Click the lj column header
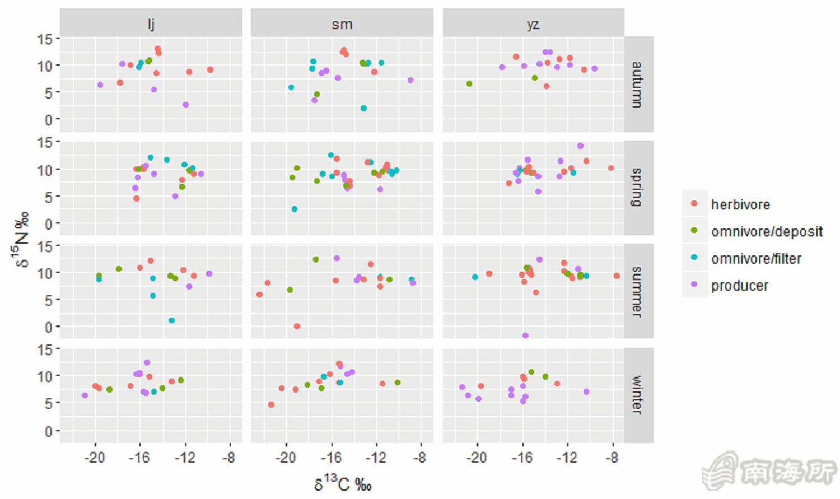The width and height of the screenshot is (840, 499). click(151, 24)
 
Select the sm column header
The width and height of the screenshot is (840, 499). click(342, 24)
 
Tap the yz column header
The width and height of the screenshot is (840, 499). click(533, 24)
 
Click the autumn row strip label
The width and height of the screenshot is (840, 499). click(638, 85)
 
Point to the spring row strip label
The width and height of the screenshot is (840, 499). click(638, 188)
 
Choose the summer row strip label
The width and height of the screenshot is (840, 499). click(638, 291)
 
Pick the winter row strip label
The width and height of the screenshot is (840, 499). click(638, 395)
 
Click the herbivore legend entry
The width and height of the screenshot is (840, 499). click(740, 204)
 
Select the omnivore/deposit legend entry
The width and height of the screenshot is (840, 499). click(766, 231)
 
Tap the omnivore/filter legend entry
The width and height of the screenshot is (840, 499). click(755, 258)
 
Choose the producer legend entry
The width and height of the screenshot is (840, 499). click(739, 286)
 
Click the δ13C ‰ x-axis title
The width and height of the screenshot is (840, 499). click(343, 483)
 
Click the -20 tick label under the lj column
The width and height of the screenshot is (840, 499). click(95, 458)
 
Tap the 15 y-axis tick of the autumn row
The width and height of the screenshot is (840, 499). click(45, 39)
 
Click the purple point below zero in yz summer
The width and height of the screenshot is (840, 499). click(525, 335)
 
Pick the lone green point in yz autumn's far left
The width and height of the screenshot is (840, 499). click(469, 84)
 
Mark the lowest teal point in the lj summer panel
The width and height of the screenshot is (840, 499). click(171, 320)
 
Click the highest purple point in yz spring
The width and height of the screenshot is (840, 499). click(580, 146)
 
